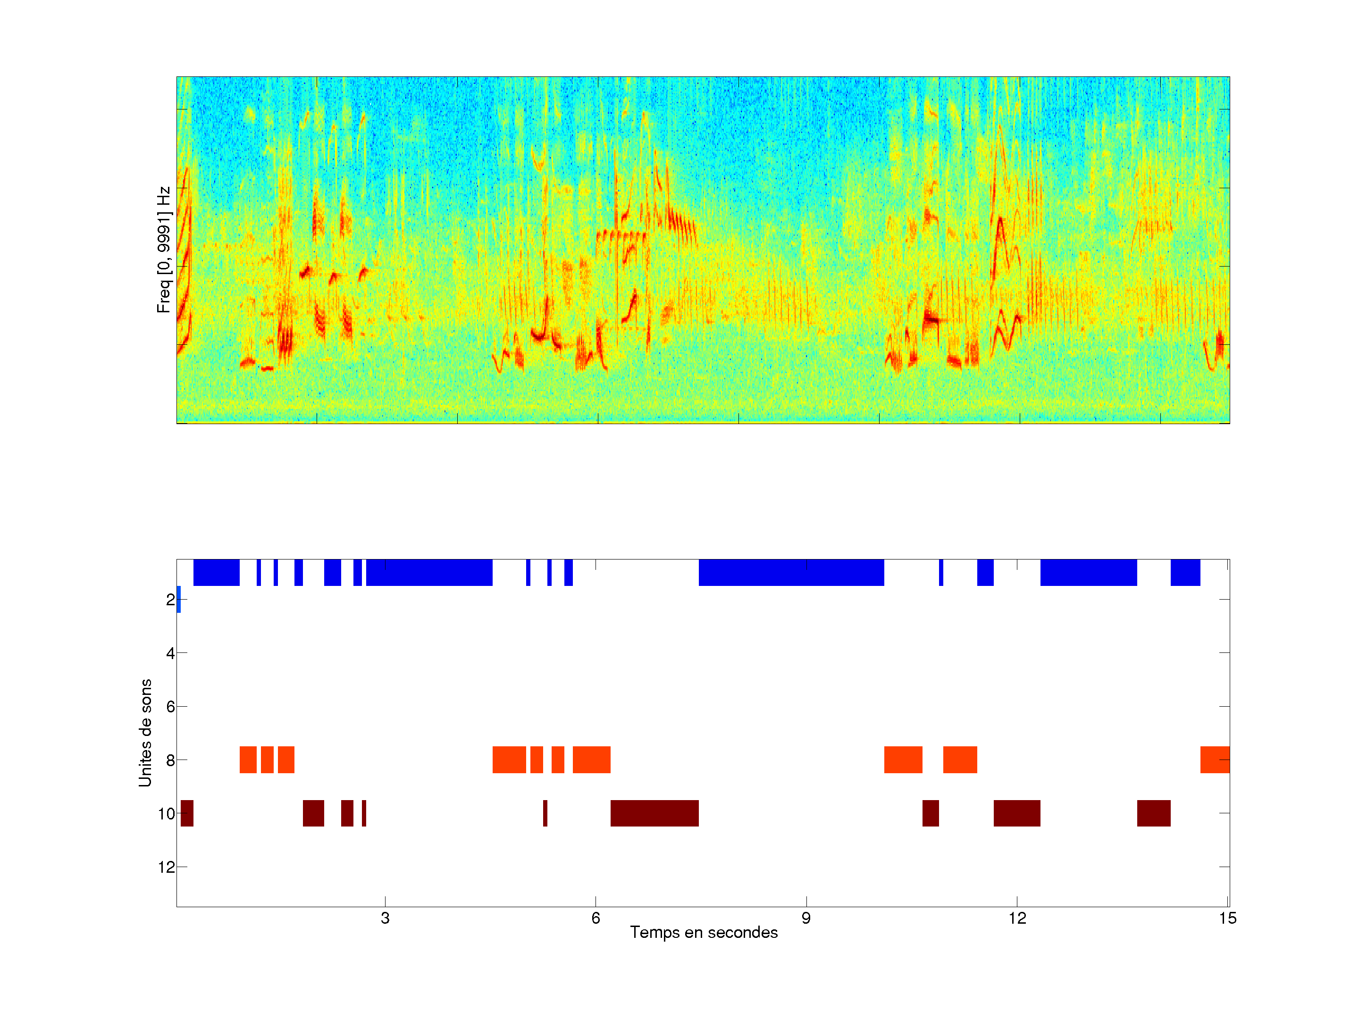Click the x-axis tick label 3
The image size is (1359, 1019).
coord(385,918)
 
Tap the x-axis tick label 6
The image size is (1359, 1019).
coord(596,918)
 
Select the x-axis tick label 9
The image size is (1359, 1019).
coord(806,918)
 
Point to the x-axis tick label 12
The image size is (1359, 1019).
coord(1017,918)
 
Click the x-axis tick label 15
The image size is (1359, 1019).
coord(1227,918)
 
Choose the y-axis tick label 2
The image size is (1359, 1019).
coord(170,600)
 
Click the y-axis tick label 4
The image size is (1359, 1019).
coord(170,653)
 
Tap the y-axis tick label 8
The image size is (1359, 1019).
coord(170,760)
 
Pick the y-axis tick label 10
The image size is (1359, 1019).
coord(167,814)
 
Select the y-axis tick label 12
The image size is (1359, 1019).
coord(167,867)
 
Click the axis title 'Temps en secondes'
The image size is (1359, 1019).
coord(704,932)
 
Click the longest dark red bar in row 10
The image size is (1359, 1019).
coord(654,813)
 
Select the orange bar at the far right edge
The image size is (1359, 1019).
coord(1215,760)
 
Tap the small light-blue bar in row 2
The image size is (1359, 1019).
coord(179,600)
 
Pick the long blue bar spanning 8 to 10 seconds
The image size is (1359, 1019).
coord(791,572)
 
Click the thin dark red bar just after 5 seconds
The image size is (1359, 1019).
coord(545,813)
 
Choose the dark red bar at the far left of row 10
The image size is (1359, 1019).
coord(187,813)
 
